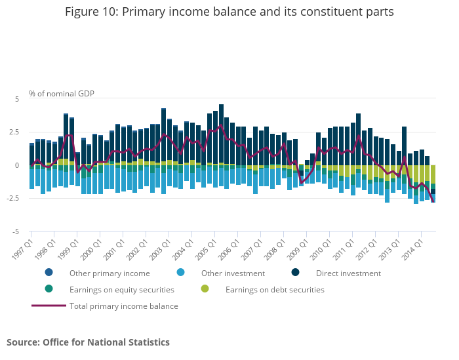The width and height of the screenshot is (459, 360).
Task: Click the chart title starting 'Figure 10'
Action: coord(229,12)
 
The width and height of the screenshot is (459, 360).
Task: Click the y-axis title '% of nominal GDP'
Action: coord(62,94)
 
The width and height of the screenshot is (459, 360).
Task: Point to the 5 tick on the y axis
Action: coord(18,99)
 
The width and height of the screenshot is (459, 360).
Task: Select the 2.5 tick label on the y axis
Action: coord(15,132)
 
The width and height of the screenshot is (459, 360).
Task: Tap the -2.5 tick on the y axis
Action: coord(14,199)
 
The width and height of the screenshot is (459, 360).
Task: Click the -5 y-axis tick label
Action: coord(17,232)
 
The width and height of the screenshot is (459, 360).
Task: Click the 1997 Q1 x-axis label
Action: coord(22,246)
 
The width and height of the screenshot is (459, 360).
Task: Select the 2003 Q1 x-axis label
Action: coord(160,246)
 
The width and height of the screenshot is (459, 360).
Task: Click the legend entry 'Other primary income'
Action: coord(110,273)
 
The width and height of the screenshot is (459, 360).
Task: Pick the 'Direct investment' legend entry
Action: coord(348,273)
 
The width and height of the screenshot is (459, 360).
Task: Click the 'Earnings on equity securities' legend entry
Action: coord(121,290)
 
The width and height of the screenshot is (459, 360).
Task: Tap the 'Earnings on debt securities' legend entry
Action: coord(274,290)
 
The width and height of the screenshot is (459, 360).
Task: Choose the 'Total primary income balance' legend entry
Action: coord(123,306)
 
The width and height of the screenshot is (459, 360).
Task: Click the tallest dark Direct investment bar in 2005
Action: coord(221,134)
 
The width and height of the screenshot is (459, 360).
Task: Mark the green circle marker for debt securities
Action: coord(205,289)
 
